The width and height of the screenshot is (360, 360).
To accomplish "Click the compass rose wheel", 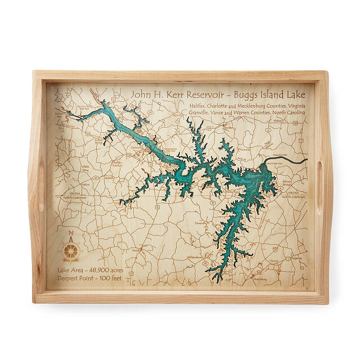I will tap(71, 249).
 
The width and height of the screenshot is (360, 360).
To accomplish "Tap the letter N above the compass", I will tap(70, 235).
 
